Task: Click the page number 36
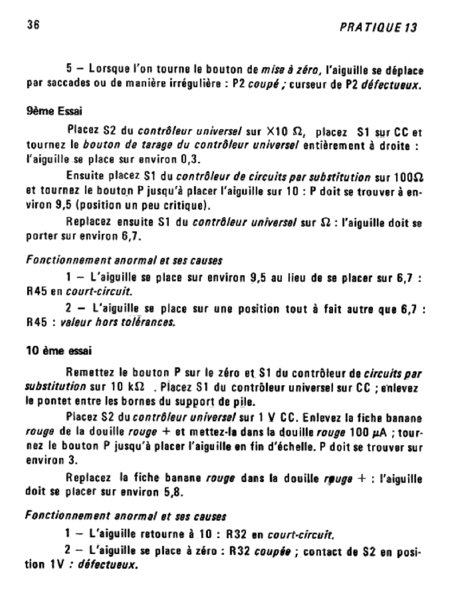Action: coord(33,26)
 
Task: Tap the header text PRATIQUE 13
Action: coord(378,27)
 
